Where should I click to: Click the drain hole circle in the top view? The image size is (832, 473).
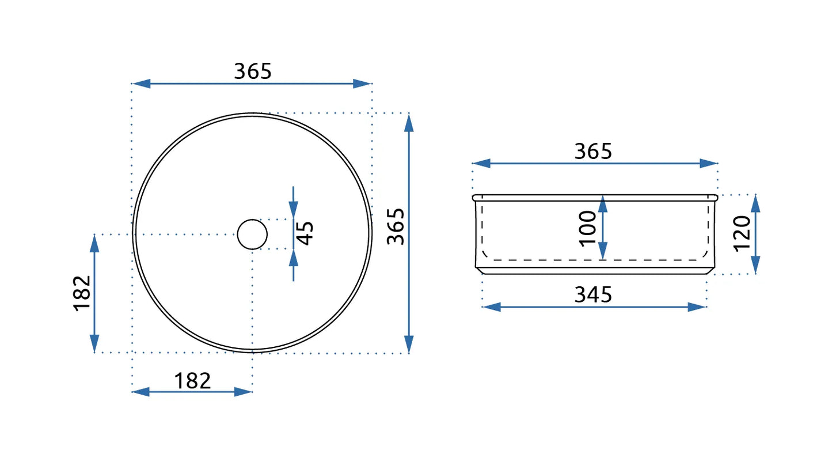pos(252,220)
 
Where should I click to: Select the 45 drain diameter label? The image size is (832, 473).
pos(306,233)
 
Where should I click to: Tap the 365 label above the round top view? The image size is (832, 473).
pos(253,71)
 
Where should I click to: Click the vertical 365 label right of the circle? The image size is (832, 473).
pos(395,226)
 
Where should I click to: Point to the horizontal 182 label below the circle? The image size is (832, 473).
pos(192,381)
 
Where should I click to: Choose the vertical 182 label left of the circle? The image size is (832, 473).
pos(82,293)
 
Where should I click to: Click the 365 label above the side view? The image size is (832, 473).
pos(593,151)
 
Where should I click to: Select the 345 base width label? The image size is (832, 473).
pos(593,294)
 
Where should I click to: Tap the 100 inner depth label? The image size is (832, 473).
pos(588,229)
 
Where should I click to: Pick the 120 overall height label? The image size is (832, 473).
pos(743,233)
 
